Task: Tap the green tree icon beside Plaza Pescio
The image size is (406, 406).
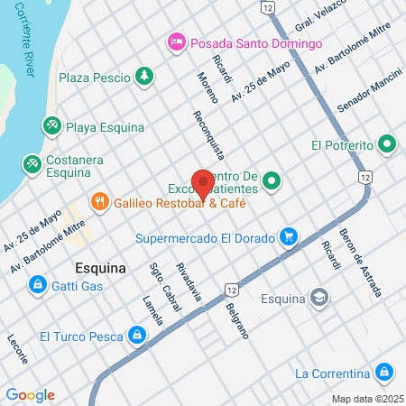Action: click(143, 78)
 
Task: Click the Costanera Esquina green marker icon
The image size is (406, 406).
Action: click(32, 163)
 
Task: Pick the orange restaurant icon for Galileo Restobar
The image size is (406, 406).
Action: click(100, 202)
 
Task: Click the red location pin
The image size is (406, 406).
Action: click(203, 183)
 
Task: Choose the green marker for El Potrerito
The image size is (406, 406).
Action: click(387, 143)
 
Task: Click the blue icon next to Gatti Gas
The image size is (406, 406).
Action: click(38, 286)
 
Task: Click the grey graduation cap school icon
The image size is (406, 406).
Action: click(318, 297)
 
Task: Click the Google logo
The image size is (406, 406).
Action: click(30, 394)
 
